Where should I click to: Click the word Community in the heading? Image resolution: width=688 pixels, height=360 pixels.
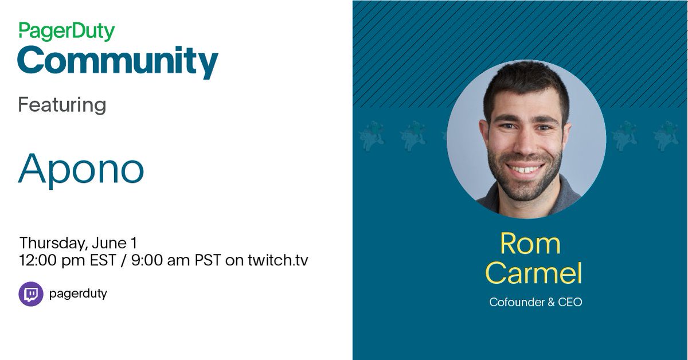tap(118, 62)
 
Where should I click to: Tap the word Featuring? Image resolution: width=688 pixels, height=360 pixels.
tap(62, 105)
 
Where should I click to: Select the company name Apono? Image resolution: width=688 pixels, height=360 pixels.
tap(81, 169)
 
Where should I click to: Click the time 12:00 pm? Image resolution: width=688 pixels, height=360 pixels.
tap(52, 260)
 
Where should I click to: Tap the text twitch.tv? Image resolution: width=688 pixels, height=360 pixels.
tap(277, 260)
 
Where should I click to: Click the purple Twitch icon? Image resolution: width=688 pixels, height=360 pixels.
tap(31, 294)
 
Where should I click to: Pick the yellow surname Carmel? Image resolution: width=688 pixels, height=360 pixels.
tap(534, 273)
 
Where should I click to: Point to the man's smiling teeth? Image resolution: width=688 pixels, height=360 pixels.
tap(524, 169)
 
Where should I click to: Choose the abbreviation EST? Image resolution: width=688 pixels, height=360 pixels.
tap(104, 260)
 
